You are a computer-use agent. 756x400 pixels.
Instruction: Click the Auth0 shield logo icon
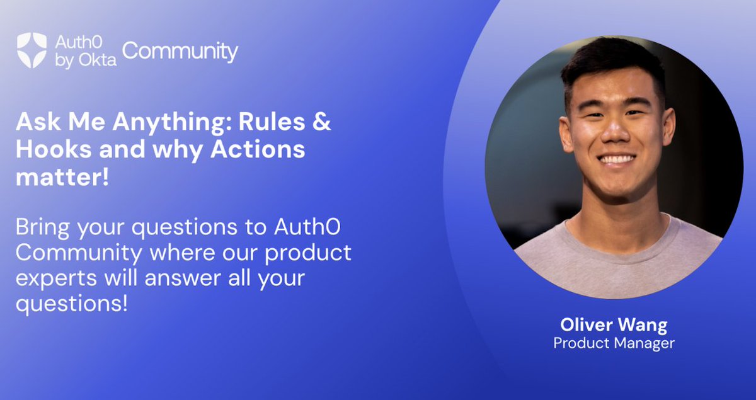[x=31, y=50]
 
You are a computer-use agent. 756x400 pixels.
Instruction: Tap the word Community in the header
[x=180, y=52]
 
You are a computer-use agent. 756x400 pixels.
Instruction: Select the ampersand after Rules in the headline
[x=322, y=122]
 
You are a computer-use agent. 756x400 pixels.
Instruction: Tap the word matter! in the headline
[x=62, y=177]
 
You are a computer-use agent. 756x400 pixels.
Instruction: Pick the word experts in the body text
[x=52, y=278]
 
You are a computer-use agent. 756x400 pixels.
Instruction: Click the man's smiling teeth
[x=617, y=159]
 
